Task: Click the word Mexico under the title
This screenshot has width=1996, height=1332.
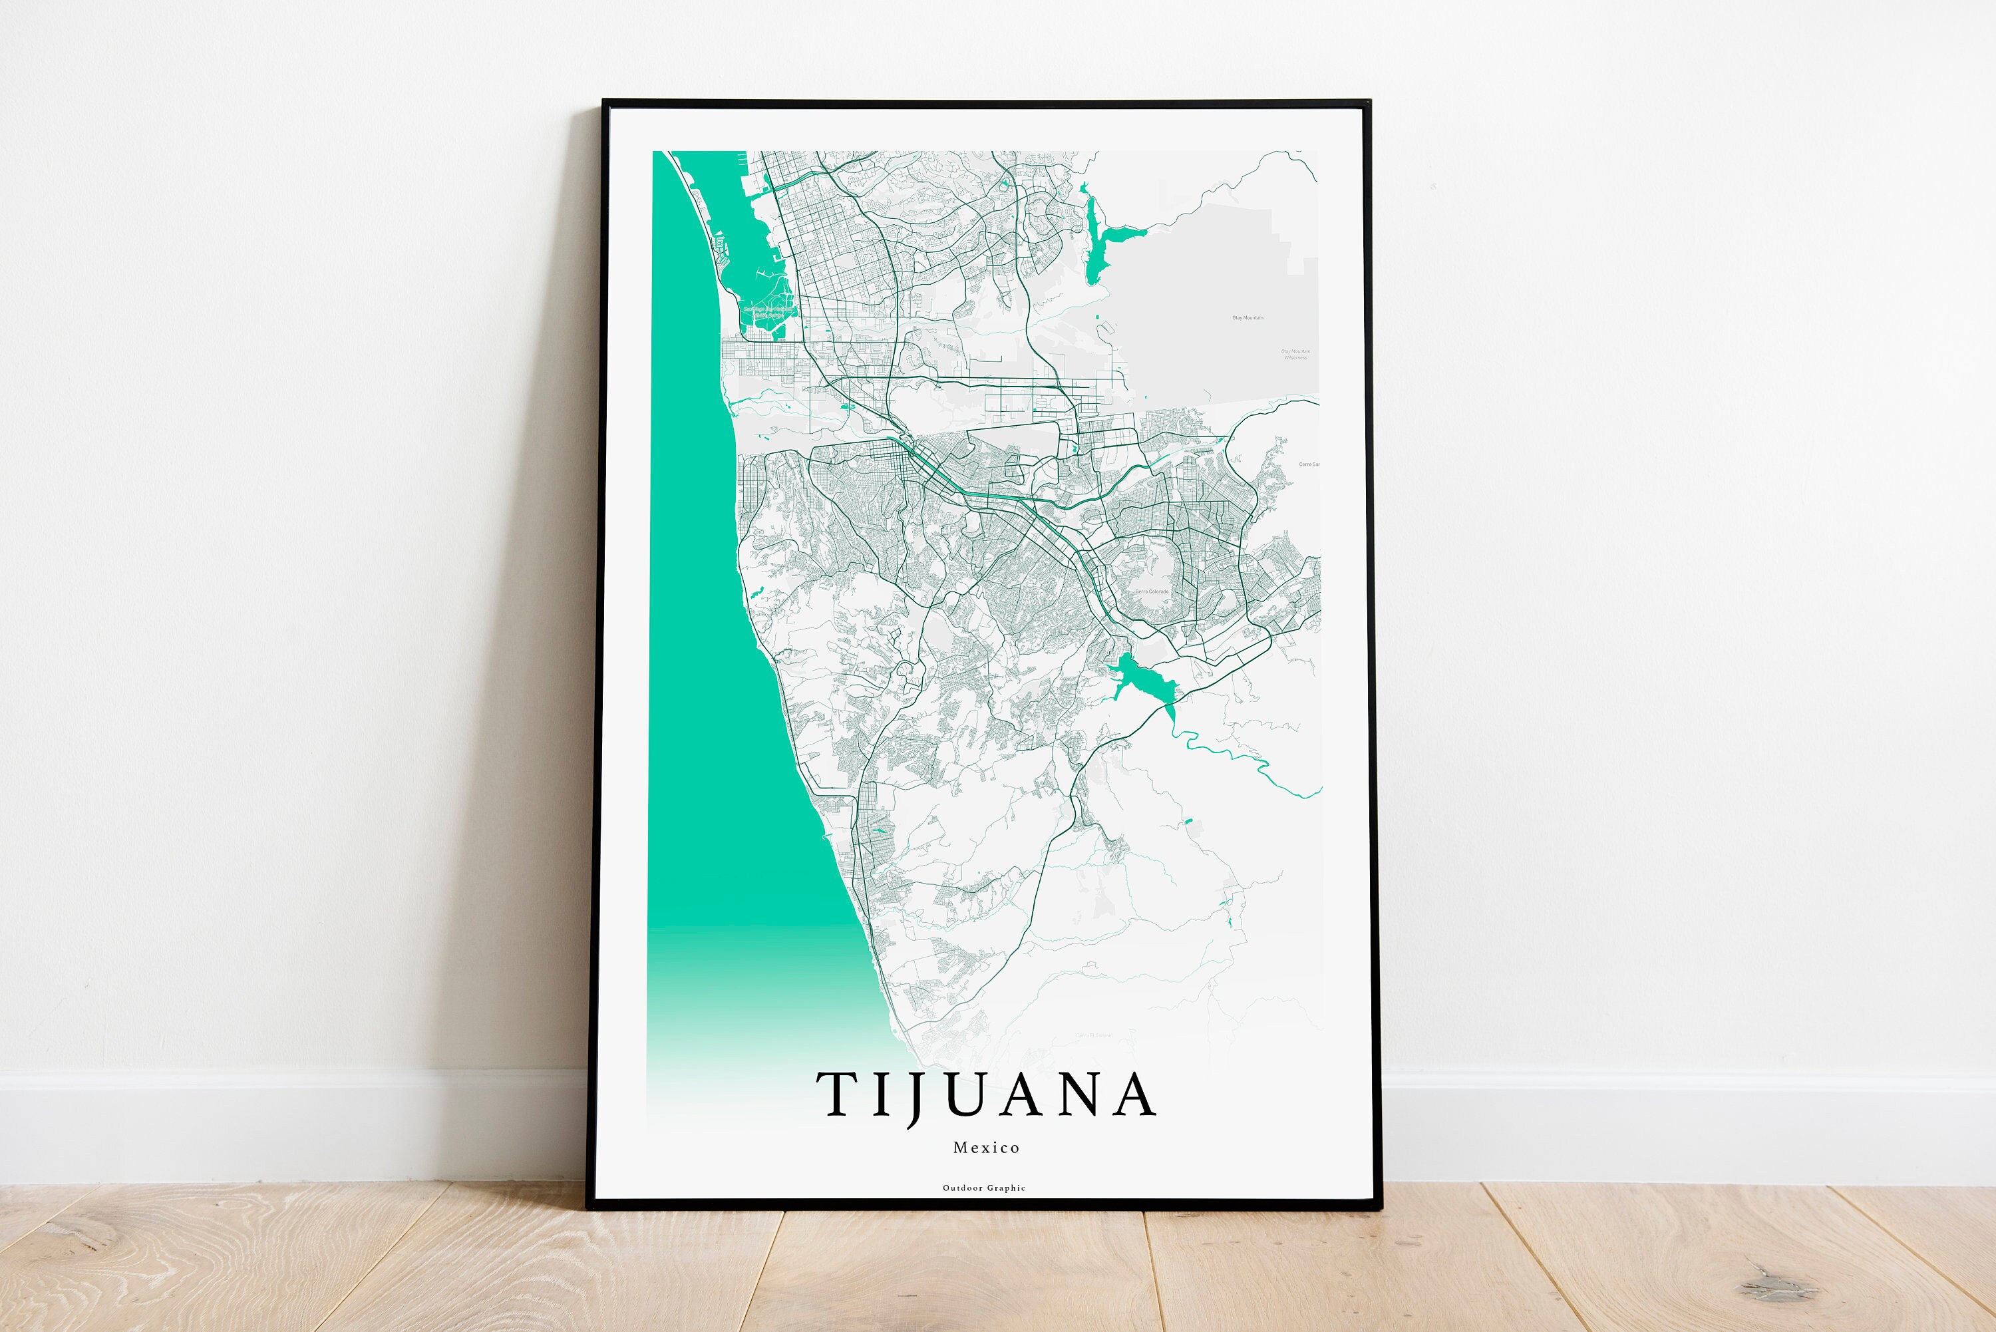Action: tap(986, 1148)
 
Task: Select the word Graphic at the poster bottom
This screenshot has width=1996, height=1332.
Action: tap(1007, 1188)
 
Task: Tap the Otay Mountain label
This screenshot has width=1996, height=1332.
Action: tap(1247, 318)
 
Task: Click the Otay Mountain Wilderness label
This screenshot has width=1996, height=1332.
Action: tap(1295, 354)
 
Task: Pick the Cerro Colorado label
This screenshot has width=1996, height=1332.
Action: tap(1152, 591)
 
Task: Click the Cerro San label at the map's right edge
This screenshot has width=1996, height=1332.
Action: tap(1309, 464)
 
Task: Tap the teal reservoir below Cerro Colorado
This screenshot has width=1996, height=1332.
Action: tap(1146, 679)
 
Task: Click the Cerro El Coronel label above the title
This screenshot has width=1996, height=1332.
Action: tap(1094, 1035)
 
